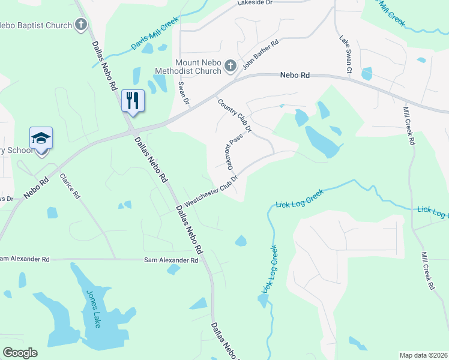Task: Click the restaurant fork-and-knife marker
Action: [x=133, y=100]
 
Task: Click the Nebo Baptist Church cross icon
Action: [x=82, y=25]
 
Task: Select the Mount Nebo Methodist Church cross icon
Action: [x=231, y=66]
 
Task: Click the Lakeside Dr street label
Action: [x=255, y=3]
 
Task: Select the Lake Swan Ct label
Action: [x=345, y=55]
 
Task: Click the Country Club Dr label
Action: [x=234, y=116]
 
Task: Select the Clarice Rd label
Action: [x=70, y=186]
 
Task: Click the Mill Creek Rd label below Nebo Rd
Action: [x=409, y=127]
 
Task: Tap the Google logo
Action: [x=20, y=353]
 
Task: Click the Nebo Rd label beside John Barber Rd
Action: [x=295, y=76]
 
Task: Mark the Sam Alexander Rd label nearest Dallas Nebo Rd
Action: [x=170, y=260]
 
